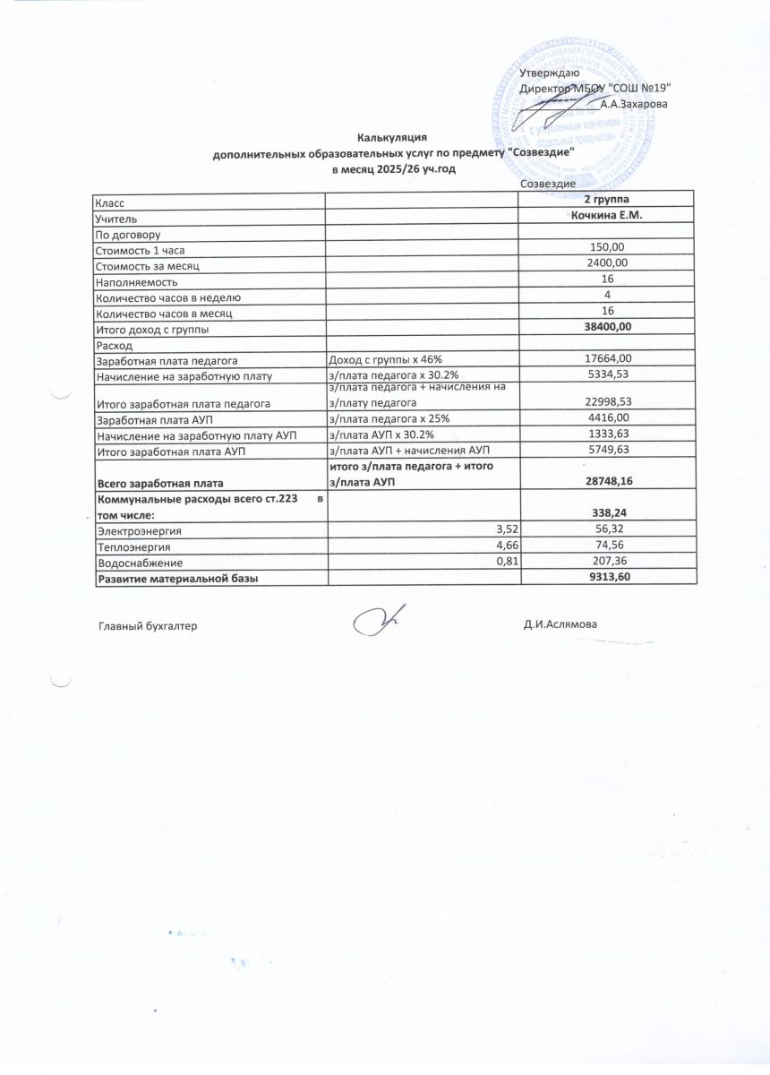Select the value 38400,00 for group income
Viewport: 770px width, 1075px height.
coord(607,328)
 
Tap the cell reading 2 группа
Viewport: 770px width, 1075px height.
coord(607,199)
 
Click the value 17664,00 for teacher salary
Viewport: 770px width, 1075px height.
coord(607,359)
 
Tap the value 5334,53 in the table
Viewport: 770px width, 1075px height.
coord(607,374)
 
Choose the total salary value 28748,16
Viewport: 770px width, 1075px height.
coord(607,482)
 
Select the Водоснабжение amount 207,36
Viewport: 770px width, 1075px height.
coord(607,563)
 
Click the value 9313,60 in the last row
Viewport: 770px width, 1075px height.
coord(607,579)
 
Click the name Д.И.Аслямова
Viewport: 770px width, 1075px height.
coord(560,624)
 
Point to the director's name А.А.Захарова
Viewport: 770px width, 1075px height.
coord(634,104)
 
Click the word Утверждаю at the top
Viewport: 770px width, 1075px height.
coord(549,73)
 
